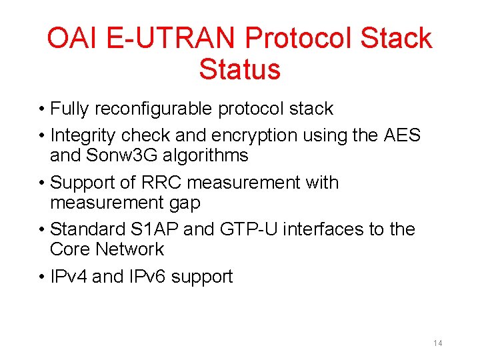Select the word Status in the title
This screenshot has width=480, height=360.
[239, 69]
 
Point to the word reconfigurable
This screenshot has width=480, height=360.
[157, 109]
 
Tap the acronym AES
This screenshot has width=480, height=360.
[402, 135]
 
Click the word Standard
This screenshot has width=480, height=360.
[89, 229]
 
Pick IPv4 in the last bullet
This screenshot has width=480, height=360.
[69, 276]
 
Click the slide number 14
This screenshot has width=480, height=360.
[437, 343]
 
